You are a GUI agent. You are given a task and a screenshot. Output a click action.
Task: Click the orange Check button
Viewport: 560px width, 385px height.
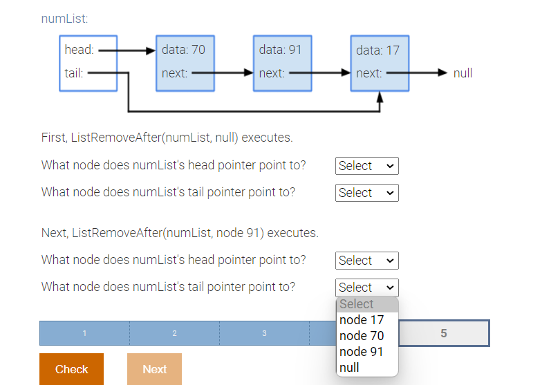click(71, 369)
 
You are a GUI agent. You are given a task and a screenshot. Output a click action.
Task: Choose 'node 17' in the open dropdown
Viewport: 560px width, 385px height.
click(362, 320)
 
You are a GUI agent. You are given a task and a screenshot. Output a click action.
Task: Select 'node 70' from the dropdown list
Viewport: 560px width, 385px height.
click(362, 336)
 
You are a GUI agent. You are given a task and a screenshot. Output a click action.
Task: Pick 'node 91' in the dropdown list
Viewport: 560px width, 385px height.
click(362, 352)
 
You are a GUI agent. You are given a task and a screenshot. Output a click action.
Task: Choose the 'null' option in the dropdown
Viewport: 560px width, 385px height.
click(350, 368)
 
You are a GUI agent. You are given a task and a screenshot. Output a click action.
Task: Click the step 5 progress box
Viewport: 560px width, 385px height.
click(444, 333)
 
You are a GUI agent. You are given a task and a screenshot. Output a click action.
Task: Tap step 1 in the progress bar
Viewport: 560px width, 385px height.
click(84, 333)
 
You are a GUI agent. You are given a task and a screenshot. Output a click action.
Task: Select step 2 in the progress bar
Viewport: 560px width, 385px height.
click(174, 333)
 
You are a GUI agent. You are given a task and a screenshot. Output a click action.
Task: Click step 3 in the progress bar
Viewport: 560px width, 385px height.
click(264, 333)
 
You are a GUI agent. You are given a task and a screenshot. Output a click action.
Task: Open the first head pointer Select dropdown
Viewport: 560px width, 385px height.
click(366, 166)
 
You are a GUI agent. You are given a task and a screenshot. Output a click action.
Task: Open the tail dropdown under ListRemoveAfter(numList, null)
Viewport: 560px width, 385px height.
click(366, 193)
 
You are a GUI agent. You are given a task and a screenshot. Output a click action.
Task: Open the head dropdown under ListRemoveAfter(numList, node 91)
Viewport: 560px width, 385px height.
click(366, 261)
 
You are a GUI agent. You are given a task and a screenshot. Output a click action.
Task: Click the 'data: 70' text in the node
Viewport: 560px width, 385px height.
click(183, 50)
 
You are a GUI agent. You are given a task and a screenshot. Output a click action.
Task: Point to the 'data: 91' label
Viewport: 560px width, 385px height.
click(280, 50)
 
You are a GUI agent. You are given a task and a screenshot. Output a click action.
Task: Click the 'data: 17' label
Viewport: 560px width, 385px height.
click(377, 50)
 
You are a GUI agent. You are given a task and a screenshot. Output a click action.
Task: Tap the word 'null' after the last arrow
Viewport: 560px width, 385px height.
click(463, 73)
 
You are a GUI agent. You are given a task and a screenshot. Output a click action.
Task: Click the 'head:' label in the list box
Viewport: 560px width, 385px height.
click(79, 50)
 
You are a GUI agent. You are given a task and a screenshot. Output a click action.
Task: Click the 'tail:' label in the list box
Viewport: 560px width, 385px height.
click(74, 73)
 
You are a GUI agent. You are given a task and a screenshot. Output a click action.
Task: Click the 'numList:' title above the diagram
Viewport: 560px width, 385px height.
click(64, 19)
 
